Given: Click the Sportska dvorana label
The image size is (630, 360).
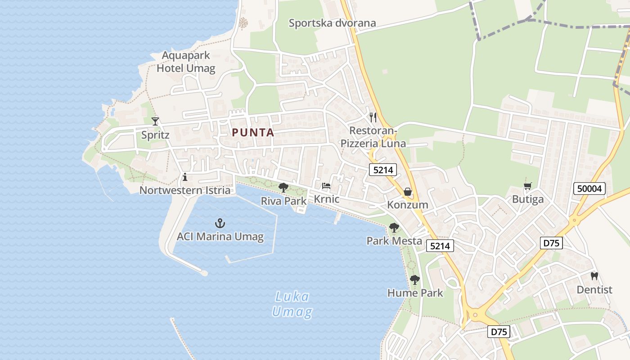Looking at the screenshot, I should point(332,23).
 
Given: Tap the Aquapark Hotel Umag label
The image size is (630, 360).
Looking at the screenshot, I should point(186,62).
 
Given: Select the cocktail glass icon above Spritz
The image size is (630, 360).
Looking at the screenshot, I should point(155,121).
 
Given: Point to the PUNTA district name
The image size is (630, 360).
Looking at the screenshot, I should point(253,132).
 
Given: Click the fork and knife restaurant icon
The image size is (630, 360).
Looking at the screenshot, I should point(373,117).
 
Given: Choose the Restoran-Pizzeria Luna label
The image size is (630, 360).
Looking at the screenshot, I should point(373,137).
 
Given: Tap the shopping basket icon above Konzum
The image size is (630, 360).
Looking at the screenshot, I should point(408,192).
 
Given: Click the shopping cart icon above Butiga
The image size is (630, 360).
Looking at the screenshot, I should point(528,186).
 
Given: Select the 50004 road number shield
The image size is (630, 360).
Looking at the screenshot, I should point(589,189).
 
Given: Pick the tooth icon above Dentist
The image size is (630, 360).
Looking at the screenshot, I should point(594,276).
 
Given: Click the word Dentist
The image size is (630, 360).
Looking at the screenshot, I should point(594,290).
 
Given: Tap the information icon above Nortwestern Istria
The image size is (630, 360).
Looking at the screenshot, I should point(184,177).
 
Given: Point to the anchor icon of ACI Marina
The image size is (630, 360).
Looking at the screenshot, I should point(220,223).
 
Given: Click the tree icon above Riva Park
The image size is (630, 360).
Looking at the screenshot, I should point(283,187).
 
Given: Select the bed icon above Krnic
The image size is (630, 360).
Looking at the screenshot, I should point(326,185).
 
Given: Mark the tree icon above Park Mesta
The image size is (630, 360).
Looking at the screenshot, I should point(394,228).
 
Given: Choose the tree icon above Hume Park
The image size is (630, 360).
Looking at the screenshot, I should point(415,280).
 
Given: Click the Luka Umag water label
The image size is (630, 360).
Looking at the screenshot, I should point(292,304).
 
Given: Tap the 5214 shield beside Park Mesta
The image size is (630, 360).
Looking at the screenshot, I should point(440,246).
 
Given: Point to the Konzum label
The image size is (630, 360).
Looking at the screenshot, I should point(408,205).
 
